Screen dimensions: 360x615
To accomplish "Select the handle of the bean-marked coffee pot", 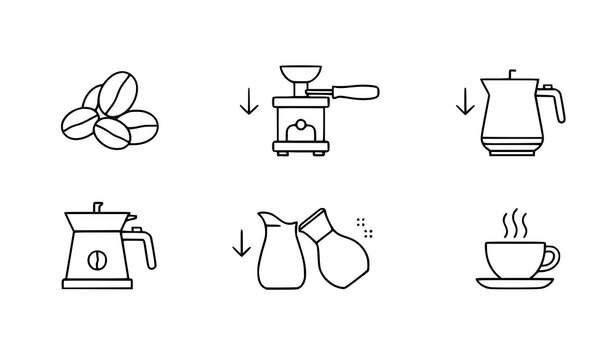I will pyautogui.click(x=146, y=247).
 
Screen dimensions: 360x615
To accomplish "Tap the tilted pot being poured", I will pyautogui.click(x=341, y=250).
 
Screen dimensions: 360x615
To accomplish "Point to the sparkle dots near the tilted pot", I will pyautogui.click(x=367, y=229).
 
